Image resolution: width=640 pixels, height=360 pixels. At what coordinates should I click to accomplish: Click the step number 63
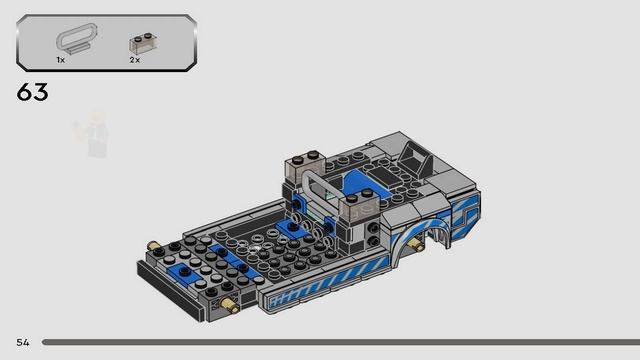pos(33,92)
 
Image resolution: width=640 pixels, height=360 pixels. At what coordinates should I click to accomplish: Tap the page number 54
pos(23,342)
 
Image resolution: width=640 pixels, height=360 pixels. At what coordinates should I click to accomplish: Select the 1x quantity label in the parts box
pos(60,60)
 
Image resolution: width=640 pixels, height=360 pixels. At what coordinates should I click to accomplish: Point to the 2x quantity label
pos(135,60)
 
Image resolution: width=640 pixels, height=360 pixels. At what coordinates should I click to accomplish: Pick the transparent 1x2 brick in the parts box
pos(144,43)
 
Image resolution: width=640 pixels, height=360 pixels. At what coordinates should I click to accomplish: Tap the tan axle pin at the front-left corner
pos(153,246)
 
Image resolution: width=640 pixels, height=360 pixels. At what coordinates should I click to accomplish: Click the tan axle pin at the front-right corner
pos(229,305)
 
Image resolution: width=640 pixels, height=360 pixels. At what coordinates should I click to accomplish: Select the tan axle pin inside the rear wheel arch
pos(416,244)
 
